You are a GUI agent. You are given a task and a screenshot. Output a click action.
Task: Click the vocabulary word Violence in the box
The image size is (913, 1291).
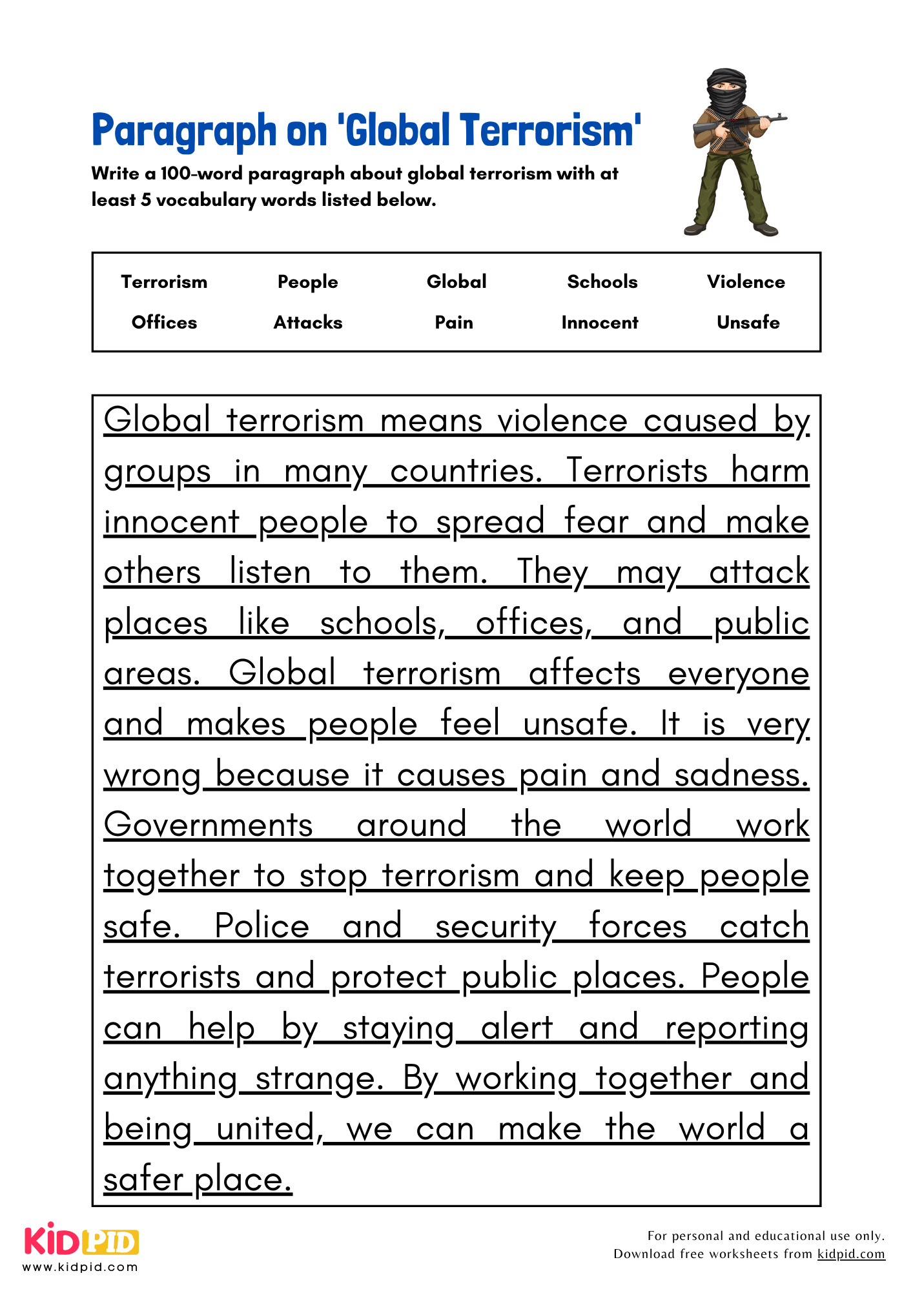click(746, 281)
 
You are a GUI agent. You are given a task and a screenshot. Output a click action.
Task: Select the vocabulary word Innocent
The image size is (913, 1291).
click(599, 322)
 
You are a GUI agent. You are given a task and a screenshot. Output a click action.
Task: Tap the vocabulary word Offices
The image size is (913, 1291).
click(164, 322)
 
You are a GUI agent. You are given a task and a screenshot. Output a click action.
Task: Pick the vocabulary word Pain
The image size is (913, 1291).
click(453, 322)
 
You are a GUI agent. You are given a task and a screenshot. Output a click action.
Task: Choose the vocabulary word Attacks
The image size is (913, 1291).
click(308, 322)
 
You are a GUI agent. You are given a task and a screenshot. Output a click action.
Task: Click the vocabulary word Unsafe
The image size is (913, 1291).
click(748, 322)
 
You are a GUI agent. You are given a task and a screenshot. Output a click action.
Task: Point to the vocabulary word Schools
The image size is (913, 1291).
click(602, 281)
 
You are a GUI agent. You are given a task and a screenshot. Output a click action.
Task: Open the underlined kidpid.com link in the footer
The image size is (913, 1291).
click(850, 1254)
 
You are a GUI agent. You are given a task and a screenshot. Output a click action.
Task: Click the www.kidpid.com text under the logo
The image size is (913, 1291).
click(81, 1267)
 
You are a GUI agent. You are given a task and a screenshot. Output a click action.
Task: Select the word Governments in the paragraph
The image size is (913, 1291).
click(209, 825)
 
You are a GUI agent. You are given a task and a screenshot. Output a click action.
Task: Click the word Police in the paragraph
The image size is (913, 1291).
click(262, 926)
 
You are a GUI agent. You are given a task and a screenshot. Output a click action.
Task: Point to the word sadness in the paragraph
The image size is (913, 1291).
click(741, 775)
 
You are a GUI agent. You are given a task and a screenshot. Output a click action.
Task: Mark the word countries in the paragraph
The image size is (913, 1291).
click(466, 471)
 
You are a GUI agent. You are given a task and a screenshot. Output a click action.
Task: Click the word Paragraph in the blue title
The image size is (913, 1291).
click(184, 131)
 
